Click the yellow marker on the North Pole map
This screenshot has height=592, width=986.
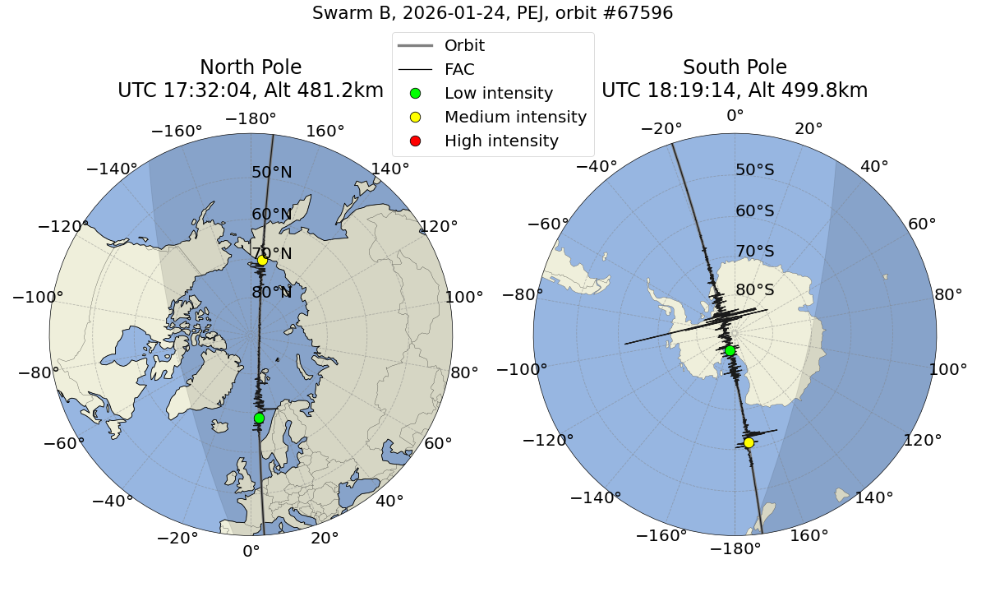pyautogui.click(x=262, y=261)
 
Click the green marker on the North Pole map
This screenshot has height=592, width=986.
pyautogui.click(x=259, y=418)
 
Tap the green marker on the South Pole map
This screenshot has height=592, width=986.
pyautogui.click(x=730, y=350)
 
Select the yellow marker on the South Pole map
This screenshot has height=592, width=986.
pyautogui.click(x=749, y=442)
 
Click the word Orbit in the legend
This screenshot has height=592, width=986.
pyautogui.click(x=464, y=45)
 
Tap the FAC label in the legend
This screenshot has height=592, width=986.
pyautogui.click(x=459, y=69)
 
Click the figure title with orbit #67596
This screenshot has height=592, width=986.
pyautogui.click(x=493, y=13)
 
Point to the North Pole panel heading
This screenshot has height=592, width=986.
pyautogui.click(x=251, y=67)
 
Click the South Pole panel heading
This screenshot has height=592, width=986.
pyautogui.click(x=735, y=67)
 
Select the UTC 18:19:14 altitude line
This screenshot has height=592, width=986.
pyautogui.click(x=735, y=90)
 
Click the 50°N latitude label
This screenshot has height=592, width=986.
pyautogui.click(x=272, y=173)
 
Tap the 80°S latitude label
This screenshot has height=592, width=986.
pyautogui.click(x=755, y=290)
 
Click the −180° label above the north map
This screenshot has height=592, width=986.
pyautogui.click(x=251, y=118)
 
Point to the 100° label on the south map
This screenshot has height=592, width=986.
pyautogui.click(x=947, y=370)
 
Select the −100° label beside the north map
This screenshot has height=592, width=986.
pyautogui.click(x=32, y=297)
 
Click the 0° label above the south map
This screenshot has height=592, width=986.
pyautogui.click(x=735, y=116)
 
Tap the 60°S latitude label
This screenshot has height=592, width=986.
pyautogui.click(x=755, y=210)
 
